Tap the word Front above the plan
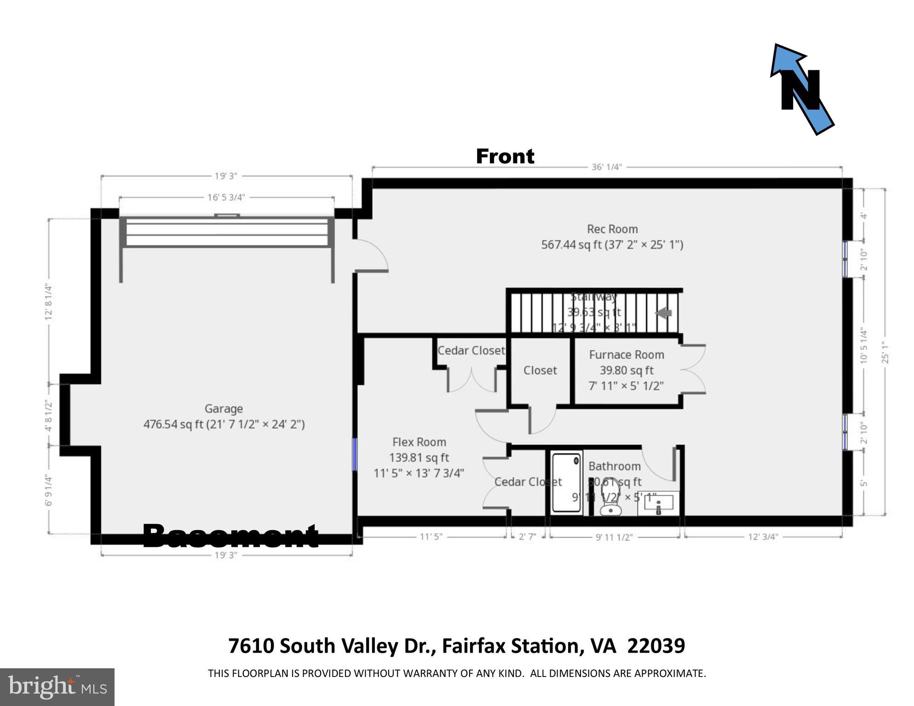(x=505, y=156)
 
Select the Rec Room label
(x=612, y=236)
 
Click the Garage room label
(x=224, y=416)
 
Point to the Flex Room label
(x=419, y=457)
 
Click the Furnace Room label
(x=626, y=370)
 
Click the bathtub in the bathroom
(x=566, y=482)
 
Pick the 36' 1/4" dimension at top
(x=606, y=167)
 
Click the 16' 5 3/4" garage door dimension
(x=226, y=197)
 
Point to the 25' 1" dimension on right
(x=885, y=352)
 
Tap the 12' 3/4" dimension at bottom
(x=763, y=536)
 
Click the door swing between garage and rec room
(x=372, y=256)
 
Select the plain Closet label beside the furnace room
(x=540, y=370)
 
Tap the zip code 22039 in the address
(x=656, y=646)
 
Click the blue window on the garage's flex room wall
(x=354, y=454)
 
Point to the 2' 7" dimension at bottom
(x=527, y=536)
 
